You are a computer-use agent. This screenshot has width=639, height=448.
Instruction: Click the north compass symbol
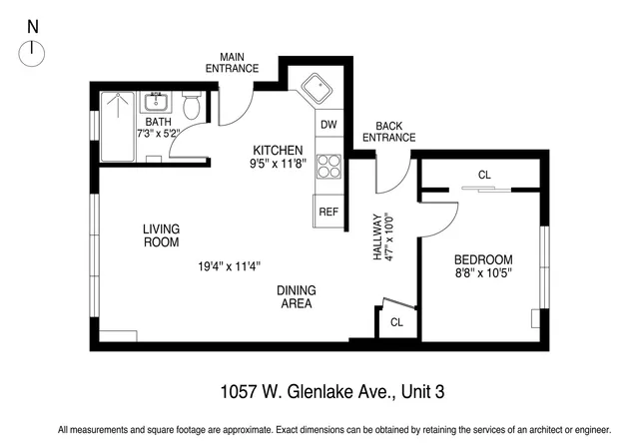pyautogui.click(x=32, y=51)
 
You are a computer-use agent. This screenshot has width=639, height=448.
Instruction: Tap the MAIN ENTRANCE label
pyautogui.click(x=232, y=62)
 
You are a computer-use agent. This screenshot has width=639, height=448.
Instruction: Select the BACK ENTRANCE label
pyautogui.click(x=388, y=131)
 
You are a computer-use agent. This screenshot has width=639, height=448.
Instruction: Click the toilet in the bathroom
pyautogui.click(x=193, y=105)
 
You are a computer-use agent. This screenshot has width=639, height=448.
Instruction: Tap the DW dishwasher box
pyautogui.click(x=328, y=126)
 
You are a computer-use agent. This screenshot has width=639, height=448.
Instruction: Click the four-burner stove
pyautogui.click(x=328, y=166)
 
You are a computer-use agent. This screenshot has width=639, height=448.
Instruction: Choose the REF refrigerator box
pyautogui.click(x=328, y=212)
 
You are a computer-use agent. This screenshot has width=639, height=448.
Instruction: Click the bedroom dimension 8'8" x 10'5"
pyautogui.click(x=483, y=271)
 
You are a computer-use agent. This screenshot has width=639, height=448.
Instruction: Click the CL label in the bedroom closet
pyautogui.click(x=484, y=175)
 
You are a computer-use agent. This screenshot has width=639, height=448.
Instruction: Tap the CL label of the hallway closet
pyautogui.click(x=396, y=322)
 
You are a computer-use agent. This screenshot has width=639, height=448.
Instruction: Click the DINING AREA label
pyautogui.click(x=297, y=296)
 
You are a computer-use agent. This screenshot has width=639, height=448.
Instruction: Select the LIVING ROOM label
pyautogui.click(x=161, y=234)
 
